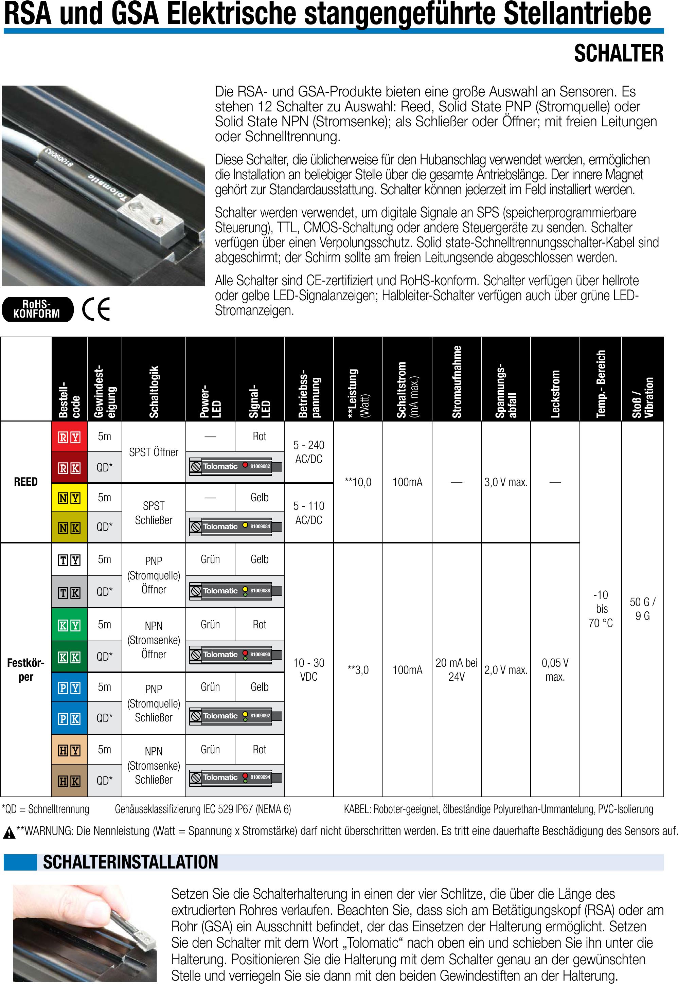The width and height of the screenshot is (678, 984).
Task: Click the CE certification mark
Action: pyautogui.click(x=96, y=309)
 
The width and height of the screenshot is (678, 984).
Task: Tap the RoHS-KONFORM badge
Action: pyautogui.click(x=37, y=309)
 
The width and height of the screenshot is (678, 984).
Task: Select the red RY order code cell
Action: pyautogui.click(x=69, y=436)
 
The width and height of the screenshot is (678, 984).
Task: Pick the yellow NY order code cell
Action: pyautogui.click(x=69, y=497)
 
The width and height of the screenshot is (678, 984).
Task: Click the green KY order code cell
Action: pyautogui.click(x=69, y=625)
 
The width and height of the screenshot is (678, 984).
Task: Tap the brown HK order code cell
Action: pyautogui.click(x=69, y=781)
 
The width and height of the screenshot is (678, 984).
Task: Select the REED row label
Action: pyautogui.click(x=26, y=482)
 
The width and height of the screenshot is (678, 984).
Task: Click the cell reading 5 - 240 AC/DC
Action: pyautogui.click(x=309, y=452)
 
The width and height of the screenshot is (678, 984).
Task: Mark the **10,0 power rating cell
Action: pyautogui.click(x=358, y=482)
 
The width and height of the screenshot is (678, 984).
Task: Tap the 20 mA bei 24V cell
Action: pyautogui.click(x=457, y=670)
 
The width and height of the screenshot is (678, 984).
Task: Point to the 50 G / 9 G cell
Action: pyautogui.click(x=642, y=609)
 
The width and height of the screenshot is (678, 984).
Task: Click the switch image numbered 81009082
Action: pyautogui.click(x=235, y=467)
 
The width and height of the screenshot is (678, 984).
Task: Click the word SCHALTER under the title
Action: pyautogui.click(x=619, y=54)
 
